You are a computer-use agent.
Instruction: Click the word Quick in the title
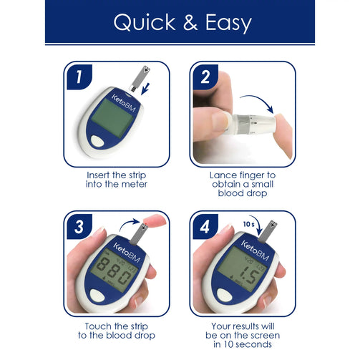145,22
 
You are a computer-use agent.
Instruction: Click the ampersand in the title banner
190,22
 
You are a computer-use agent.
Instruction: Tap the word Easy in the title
228,24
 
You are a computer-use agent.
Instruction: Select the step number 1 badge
79,77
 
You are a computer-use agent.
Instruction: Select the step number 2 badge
205,77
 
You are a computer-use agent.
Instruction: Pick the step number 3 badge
79,227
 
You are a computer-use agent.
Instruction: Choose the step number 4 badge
205,227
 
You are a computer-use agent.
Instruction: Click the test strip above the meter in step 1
140,79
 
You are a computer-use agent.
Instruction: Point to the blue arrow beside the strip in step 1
145,89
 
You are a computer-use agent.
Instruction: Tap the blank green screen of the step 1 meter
112,118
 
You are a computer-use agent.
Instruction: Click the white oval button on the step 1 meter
97,141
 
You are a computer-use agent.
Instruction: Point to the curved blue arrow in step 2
258,99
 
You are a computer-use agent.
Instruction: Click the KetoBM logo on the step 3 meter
127,253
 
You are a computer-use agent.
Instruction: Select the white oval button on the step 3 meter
97,295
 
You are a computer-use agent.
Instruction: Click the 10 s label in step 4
249,224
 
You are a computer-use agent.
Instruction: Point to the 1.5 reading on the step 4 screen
249,277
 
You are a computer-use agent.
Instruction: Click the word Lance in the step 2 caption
223,175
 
